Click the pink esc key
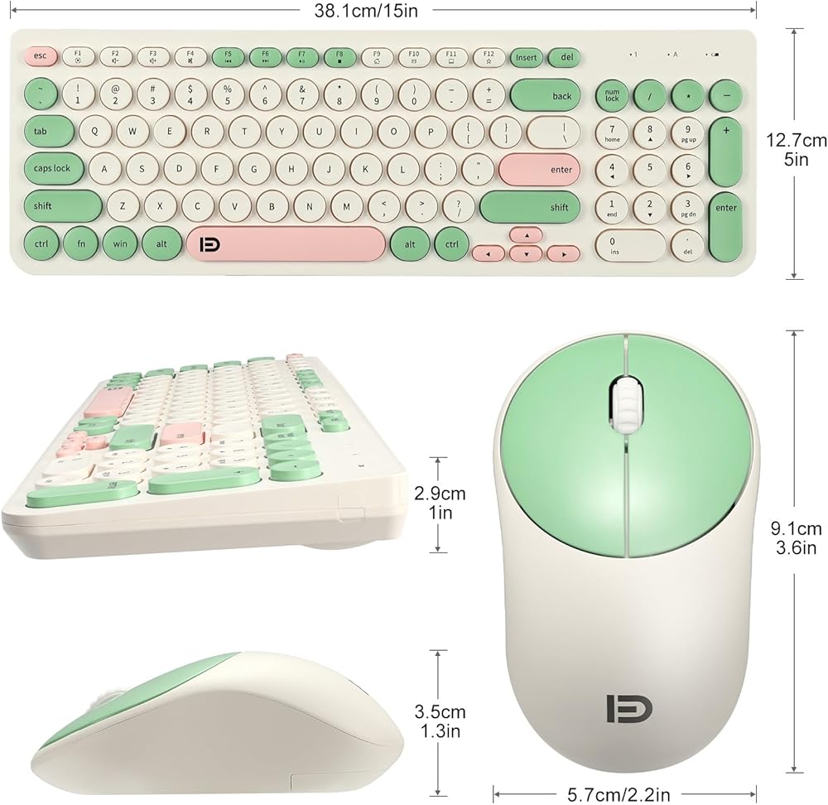(x=40, y=57)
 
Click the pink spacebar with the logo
(x=286, y=244)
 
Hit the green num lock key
(x=612, y=96)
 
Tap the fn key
(x=81, y=244)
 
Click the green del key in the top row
(x=566, y=57)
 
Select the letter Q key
(x=95, y=131)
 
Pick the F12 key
(x=489, y=57)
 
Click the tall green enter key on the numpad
(x=725, y=207)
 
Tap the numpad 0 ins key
(x=631, y=244)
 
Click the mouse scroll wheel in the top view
(x=625, y=403)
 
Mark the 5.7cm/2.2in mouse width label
(x=619, y=794)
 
